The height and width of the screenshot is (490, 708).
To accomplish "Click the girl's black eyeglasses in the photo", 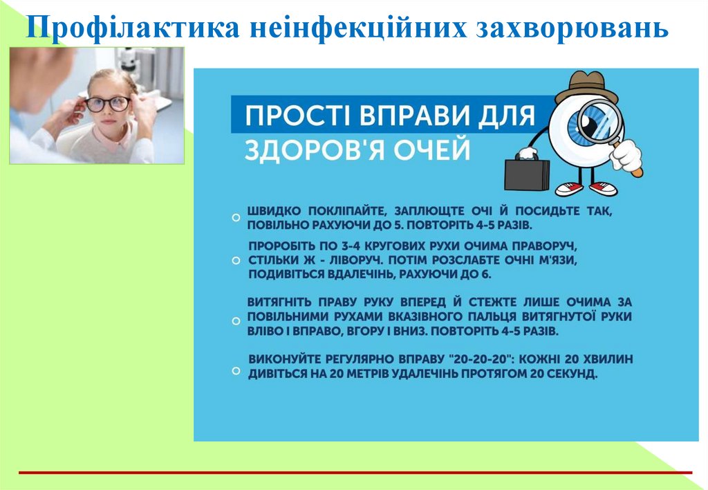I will pyautogui.click(x=108, y=104).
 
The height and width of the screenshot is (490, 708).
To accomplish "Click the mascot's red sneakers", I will pyautogui.click(x=584, y=188).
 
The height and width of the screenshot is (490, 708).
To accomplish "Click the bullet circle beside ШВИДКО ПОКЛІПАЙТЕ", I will pyautogui.click(x=236, y=217).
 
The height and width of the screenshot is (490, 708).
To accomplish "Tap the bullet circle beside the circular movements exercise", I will pyautogui.click(x=236, y=260).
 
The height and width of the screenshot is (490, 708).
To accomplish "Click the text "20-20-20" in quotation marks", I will pyautogui.click(x=481, y=360).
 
